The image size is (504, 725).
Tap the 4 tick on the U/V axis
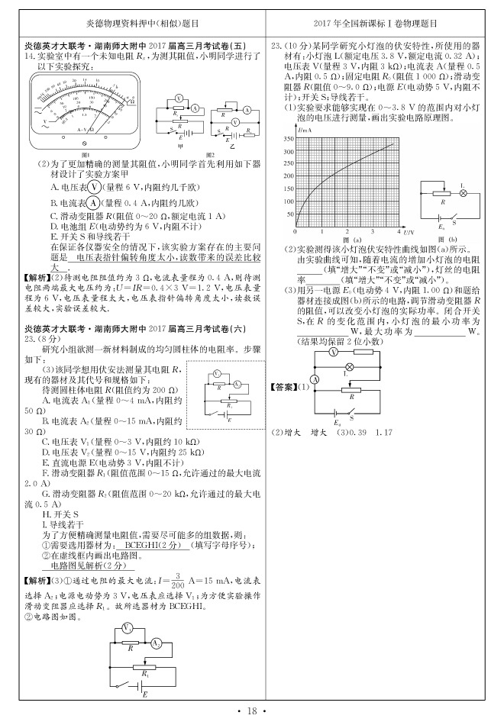[400, 230]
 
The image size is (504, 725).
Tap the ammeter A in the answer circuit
[315, 379]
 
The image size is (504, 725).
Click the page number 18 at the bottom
[251, 711]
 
